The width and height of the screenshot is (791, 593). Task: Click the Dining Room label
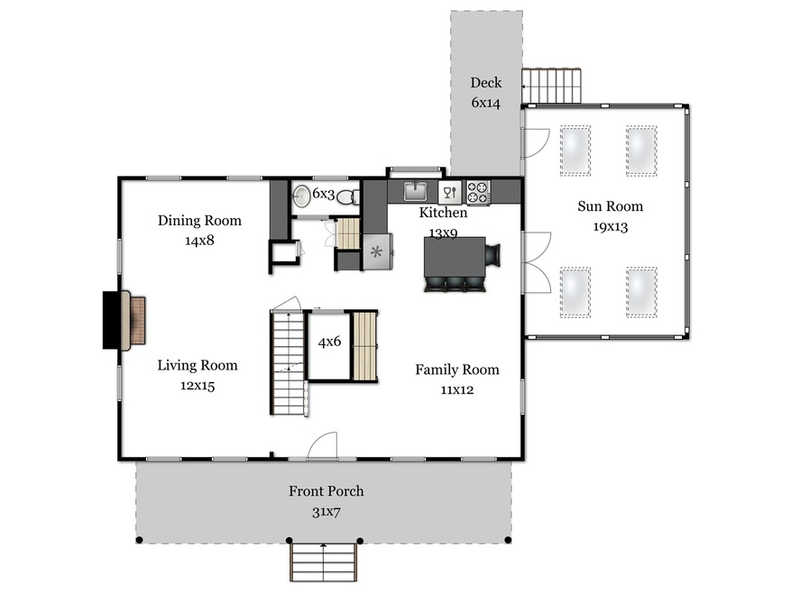click(199, 221)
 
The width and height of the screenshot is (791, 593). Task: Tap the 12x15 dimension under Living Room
click(198, 386)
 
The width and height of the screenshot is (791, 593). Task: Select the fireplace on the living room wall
click(124, 320)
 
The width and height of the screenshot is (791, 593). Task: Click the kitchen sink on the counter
click(415, 191)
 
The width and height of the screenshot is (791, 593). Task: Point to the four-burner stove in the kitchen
click(478, 193)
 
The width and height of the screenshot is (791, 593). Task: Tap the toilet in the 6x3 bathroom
click(348, 197)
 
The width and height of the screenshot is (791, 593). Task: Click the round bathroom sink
click(301, 196)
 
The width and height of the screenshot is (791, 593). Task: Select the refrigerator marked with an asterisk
click(377, 251)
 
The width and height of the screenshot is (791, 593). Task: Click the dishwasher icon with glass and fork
click(450, 192)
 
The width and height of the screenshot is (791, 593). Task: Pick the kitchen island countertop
click(455, 257)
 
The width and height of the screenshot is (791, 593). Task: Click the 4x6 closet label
click(329, 342)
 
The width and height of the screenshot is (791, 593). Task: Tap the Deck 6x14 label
click(486, 93)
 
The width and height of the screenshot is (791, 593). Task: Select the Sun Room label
click(611, 206)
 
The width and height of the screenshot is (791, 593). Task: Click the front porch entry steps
click(324, 561)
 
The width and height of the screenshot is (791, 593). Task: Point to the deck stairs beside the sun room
click(551, 87)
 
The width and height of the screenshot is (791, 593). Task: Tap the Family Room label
click(457, 369)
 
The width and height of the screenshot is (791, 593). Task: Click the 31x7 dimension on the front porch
click(327, 512)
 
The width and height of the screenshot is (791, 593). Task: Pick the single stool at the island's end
click(492, 255)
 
